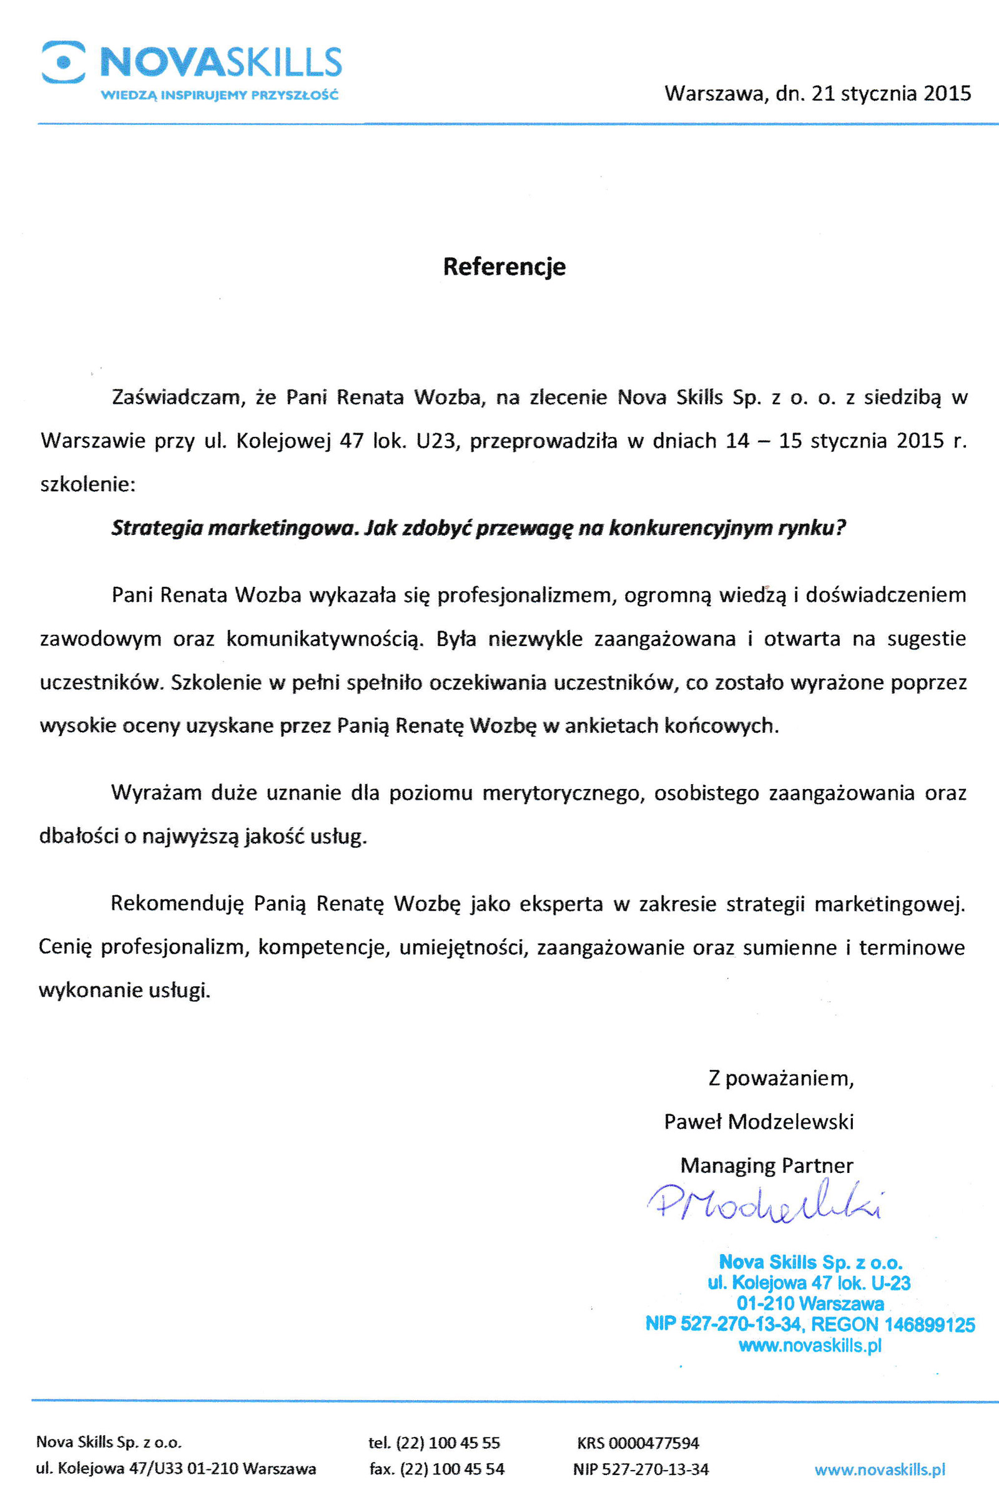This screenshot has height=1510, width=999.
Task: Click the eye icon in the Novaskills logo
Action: tap(64, 62)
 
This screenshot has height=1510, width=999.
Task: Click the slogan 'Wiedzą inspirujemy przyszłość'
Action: tap(220, 96)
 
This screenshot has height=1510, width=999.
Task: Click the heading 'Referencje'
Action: tap(504, 266)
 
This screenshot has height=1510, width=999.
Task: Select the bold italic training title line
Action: tap(478, 528)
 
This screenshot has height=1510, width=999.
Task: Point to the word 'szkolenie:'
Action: tap(88, 484)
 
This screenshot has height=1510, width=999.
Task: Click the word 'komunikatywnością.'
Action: tap(325, 639)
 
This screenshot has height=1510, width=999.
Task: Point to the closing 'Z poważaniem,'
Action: tap(781, 1078)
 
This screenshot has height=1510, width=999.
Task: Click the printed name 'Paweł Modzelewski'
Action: tap(759, 1122)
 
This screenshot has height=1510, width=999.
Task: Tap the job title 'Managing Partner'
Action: tap(767, 1165)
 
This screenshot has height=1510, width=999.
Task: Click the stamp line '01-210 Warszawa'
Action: tap(810, 1303)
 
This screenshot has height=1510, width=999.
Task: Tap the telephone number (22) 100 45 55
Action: tap(448, 1443)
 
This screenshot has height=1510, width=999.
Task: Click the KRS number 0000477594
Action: tap(653, 1443)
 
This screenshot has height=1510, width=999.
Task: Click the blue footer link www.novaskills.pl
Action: tap(879, 1469)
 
